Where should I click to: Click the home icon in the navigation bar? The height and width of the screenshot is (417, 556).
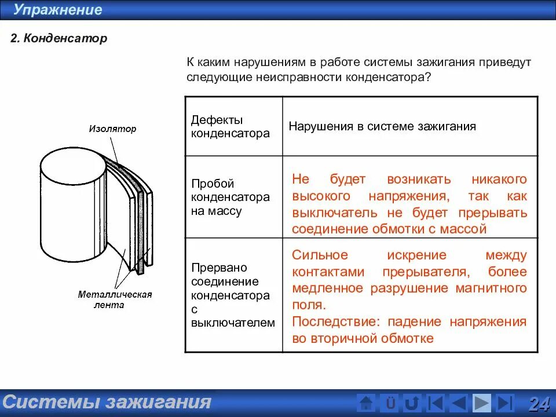point(366,403)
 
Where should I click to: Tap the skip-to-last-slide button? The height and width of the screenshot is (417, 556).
point(504,403)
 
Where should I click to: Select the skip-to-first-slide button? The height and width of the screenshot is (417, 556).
point(435,403)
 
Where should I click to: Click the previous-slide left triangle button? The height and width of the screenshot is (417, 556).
point(458,403)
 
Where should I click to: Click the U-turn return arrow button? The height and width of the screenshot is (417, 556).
point(412,403)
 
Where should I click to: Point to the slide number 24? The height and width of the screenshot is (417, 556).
point(539,403)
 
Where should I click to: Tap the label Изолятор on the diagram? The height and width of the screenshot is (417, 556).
point(112,129)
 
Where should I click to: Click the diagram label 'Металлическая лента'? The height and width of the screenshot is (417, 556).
point(115,299)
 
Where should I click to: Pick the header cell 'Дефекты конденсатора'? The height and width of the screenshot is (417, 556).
point(231,126)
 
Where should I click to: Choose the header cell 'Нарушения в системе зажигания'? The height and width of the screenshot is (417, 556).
point(382,126)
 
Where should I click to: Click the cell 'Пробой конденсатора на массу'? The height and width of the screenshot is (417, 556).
point(231,197)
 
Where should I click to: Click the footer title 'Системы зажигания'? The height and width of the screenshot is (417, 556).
point(107,402)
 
